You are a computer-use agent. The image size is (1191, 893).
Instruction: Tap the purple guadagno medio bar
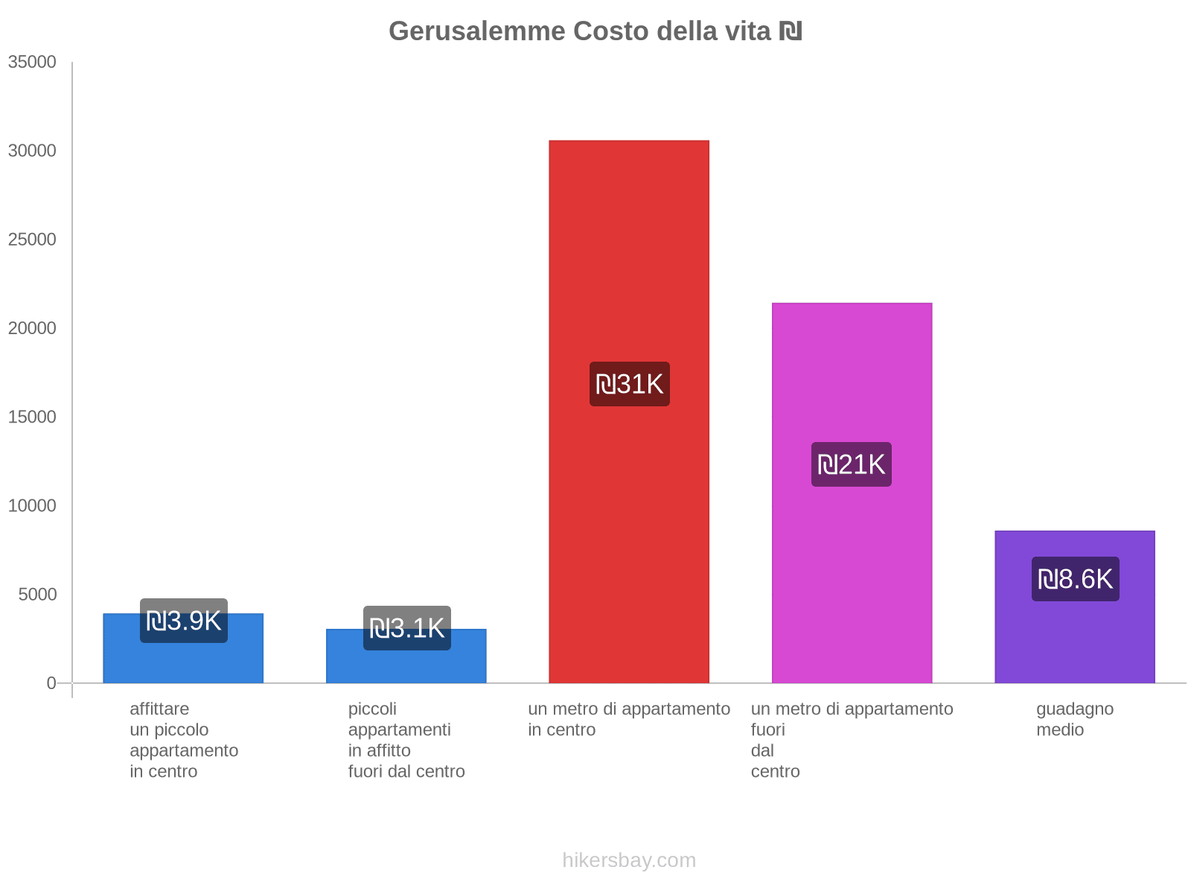click(x=1075, y=640)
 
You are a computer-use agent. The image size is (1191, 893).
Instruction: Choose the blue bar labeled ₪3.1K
click(x=406, y=667)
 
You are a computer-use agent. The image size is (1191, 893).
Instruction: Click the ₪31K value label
click(x=630, y=384)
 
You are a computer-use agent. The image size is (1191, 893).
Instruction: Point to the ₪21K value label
click(x=852, y=464)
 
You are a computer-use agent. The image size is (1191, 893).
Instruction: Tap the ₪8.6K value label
click(x=1075, y=579)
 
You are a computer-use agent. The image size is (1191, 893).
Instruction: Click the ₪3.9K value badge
click(x=184, y=621)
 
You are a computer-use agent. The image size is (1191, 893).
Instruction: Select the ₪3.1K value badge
click(x=407, y=628)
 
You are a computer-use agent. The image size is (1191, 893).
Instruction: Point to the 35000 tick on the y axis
click(x=32, y=62)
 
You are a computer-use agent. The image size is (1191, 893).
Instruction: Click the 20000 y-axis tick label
click(x=32, y=328)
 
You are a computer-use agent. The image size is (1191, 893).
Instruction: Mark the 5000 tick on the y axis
click(x=36, y=594)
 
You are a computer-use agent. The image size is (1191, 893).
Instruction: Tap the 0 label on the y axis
click(x=51, y=682)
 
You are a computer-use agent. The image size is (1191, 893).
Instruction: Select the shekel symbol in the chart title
click(x=790, y=31)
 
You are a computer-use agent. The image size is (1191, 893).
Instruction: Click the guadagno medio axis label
click(x=1074, y=719)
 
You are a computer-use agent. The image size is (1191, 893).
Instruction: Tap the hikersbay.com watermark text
click(x=629, y=860)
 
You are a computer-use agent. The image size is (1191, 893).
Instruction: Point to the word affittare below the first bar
click(x=159, y=708)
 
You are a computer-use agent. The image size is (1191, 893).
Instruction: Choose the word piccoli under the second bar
click(x=372, y=708)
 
